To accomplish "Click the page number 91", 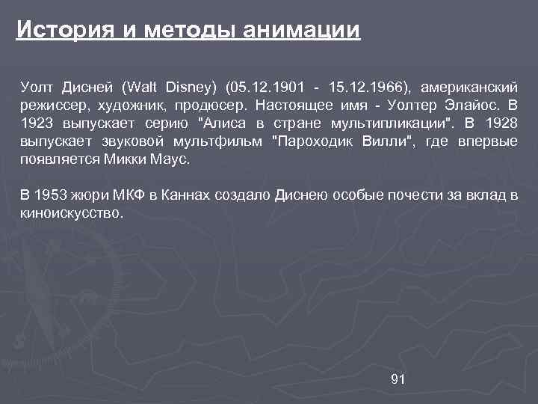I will pyautogui.click(x=398, y=379).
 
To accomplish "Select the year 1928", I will pyautogui.click(x=501, y=123).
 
